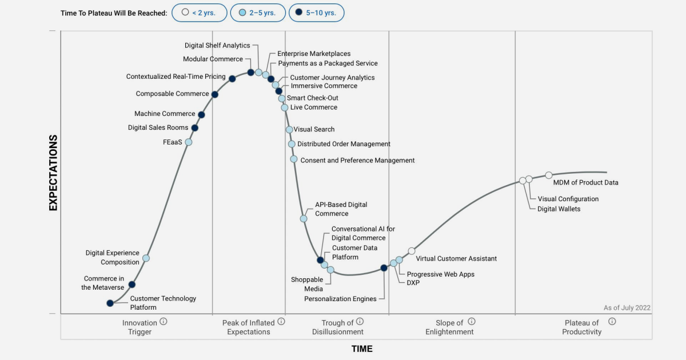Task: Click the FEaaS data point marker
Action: [x=189, y=142]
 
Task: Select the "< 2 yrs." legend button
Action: [x=200, y=13]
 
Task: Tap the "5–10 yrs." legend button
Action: [x=316, y=13]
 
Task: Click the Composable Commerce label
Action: [x=172, y=94]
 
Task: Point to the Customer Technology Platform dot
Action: [x=110, y=303]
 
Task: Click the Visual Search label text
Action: [x=314, y=130]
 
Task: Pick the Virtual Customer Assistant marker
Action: [x=412, y=251]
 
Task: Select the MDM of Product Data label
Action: [x=585, y=183]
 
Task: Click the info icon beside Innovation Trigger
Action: [x=163, y=322]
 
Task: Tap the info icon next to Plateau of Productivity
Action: [x=612, y=322]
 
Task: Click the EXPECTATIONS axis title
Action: [x=53, y=173]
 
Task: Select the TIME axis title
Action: [x=362, y=349]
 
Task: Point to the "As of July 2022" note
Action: [x=627, y=308]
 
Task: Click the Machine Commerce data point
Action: [x=201, y=114]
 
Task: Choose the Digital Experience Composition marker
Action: [x=146, y=258]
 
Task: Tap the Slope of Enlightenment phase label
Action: [x=449, y=327]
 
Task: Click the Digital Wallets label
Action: [x=559, y=209]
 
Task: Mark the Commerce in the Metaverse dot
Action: [x=132, y=284]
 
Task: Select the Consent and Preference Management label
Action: [x=357, y=161]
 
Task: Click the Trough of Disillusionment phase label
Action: [x=337, y=327]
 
